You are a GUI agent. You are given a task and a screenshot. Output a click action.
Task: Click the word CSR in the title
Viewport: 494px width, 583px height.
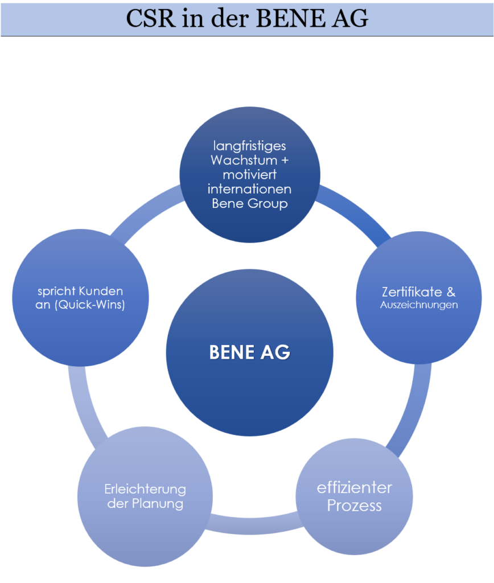(x=151, y=18)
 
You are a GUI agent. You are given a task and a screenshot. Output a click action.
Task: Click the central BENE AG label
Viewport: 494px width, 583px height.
(x=249, y=352)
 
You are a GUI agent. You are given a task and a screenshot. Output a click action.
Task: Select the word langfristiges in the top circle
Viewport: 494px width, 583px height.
(x=249, y=146)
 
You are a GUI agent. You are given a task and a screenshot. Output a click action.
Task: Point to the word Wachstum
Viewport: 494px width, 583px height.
(x=244, y=160)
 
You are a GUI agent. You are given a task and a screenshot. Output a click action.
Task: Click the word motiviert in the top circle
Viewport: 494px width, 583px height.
(x=249, y=174)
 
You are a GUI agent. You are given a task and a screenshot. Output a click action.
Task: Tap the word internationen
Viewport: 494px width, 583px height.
(x=249, y=189)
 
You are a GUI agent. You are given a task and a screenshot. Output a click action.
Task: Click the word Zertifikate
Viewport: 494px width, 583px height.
(x=412, y=292)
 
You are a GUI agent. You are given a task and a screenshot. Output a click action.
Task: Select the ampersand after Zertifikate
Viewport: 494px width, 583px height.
(x=451, y=292)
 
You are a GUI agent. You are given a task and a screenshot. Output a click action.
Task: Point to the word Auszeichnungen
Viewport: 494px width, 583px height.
(x=419, y=305)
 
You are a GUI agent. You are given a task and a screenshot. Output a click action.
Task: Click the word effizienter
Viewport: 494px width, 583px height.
(x=354, y=488)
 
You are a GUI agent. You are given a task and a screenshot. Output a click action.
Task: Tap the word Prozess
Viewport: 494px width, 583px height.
(x=354, y=506)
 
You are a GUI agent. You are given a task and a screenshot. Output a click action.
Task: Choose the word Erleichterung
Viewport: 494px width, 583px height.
(x=145, y=489)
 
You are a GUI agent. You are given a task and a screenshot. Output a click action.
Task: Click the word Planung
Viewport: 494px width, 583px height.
(x=158, y=504)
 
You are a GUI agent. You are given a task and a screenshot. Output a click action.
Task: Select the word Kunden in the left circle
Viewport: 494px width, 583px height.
(x=101, y=291)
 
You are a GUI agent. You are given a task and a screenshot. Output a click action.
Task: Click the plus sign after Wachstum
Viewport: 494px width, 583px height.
(x=285, y=161)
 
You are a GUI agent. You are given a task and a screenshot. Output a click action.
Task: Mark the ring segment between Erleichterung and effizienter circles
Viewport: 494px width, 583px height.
(x=253, y=525)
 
